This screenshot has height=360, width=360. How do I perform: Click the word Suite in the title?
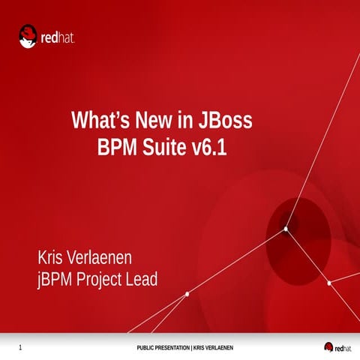(165, 147)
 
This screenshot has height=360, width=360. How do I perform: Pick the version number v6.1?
(208, 147)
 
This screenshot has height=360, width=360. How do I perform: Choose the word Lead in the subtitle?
(144, 280)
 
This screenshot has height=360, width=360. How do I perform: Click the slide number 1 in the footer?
(20, 347)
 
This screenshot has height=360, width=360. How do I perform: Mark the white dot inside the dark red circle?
(286, 229)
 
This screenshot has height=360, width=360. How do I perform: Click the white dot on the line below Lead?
(186, 294)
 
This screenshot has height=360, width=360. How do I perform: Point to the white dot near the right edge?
(329, 283)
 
